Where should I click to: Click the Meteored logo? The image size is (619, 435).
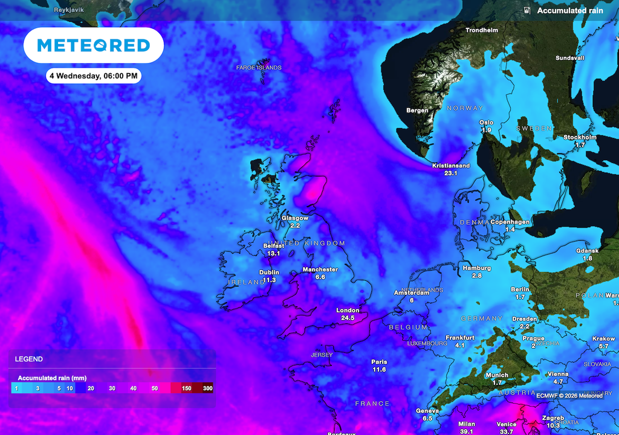(93, 45)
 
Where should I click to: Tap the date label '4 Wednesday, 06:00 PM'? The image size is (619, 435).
(94, 76)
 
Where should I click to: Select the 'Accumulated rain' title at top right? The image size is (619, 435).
(570, 10)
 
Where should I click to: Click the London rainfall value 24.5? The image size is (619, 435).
(348, 318)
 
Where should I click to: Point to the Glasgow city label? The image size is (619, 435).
(295, 218)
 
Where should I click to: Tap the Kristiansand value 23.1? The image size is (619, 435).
(451, 173)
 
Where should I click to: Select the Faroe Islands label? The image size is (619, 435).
(259, 68)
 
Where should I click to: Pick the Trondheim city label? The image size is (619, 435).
(482, 30)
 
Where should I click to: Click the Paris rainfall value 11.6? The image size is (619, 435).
(380, 369)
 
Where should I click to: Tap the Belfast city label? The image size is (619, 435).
(274, 246)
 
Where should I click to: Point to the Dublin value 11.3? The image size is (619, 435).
(270, 280)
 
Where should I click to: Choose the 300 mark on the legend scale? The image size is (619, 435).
(207, 388)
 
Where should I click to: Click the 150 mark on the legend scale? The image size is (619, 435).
(186, 388)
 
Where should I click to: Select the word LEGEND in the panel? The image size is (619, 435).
(29, 359)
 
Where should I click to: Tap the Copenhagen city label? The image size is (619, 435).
(510, 222)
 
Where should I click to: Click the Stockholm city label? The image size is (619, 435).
(580, 137)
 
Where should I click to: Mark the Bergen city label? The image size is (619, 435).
(418, 111)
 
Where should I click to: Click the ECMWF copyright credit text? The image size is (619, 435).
(569, 396)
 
